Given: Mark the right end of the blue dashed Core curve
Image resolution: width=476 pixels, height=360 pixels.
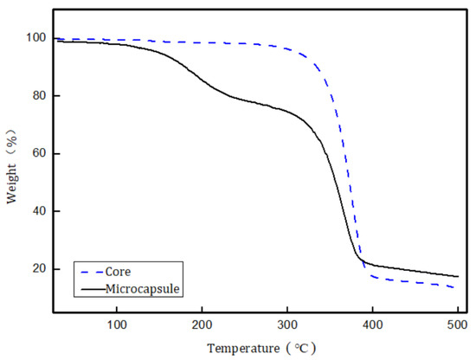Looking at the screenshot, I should click(x=456, y=287).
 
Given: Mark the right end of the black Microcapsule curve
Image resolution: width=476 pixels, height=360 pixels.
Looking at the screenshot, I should click(x=457, y=276).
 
